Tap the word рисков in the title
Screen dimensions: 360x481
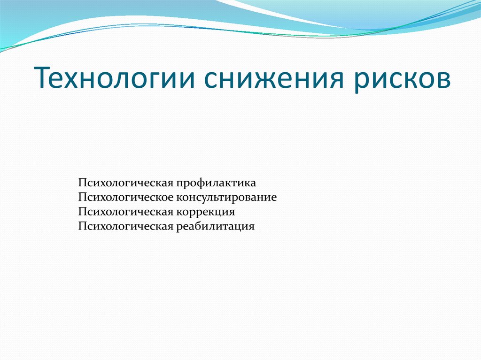coord(403,78)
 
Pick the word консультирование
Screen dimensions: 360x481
coord(226,197)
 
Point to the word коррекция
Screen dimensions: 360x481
coord(205,212)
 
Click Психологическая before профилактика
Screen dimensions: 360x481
coord(126,182)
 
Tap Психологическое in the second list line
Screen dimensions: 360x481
coord(126,197)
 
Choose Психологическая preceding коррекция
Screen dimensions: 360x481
coord(126,212)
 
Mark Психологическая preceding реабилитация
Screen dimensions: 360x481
coord(126,227)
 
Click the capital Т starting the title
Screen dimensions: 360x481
coord(42,77)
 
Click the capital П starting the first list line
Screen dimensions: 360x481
coord(83,182)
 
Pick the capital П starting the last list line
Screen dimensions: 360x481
coord(83,227)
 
